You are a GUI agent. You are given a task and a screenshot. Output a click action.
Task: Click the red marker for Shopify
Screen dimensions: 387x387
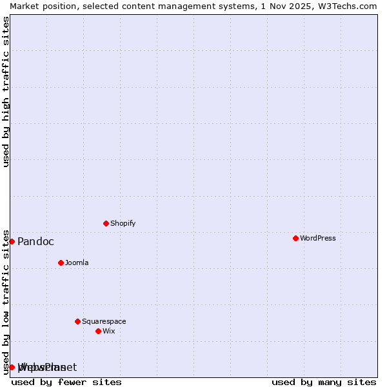tap(106, 223)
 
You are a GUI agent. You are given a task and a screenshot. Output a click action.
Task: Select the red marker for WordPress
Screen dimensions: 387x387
tap(295, 238)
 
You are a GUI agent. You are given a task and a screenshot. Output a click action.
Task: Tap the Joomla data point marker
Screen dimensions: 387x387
tap(61, 263)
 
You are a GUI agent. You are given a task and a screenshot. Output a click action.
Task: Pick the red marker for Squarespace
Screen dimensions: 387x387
tap(77, 321)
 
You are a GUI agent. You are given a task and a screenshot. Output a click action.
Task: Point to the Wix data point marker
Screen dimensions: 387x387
tap(98, 331)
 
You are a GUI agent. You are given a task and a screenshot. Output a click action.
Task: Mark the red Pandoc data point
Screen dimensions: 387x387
tap(12, 241)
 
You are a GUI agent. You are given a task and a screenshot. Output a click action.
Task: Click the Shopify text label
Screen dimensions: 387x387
tap(123, 223)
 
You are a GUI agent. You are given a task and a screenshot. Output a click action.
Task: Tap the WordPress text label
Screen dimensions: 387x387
tap(317, 238)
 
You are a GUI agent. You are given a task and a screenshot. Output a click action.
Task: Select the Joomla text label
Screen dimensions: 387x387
tap(77, 263)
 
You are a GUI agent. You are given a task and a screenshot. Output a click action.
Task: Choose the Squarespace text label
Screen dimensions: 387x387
tap(104, 321)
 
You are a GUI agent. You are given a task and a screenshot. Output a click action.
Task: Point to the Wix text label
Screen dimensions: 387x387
tap(108, 331)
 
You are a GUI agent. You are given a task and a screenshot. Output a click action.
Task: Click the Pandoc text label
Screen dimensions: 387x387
tap(35, 241)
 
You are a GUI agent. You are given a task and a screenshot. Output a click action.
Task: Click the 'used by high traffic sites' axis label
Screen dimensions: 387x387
tap(6, 92)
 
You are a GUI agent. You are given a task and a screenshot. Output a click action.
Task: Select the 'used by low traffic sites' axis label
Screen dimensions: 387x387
tap(6, 302)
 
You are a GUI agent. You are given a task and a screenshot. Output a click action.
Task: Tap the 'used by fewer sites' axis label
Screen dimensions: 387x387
tap(66, 382)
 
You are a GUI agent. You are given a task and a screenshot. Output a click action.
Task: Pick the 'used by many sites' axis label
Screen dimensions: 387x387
tap(324, 382)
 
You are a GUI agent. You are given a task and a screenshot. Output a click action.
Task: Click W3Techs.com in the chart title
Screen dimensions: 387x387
tap(351, 6)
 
